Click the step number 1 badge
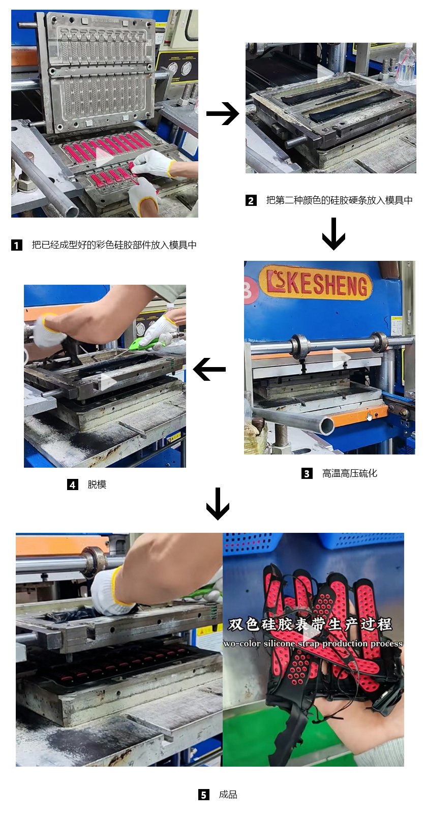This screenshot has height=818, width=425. [17, 245]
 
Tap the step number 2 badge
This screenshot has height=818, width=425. [251, 200]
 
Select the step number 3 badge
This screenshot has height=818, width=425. [307, 474]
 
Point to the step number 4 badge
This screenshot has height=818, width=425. [72, 484]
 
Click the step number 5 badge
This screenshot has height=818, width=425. [204, 795]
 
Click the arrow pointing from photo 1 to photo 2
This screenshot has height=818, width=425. [222, 113]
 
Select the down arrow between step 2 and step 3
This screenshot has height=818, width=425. [333, 234]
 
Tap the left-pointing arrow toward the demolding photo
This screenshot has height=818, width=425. [209, 369]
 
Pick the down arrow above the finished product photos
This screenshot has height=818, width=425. [218, 504]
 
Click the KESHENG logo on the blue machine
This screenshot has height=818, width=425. [316, 283]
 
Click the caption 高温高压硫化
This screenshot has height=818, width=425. [349, 474]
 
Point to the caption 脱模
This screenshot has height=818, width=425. [97, 484]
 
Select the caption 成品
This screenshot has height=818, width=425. [228, 795]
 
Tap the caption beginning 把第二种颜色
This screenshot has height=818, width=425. [340, 200]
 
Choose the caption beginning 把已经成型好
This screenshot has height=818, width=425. [114, 245]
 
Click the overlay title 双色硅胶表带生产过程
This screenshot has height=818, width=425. [310, 624]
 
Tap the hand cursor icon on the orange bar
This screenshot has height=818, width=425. [369, 416]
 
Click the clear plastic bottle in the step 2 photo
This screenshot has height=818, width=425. [407, 65]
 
